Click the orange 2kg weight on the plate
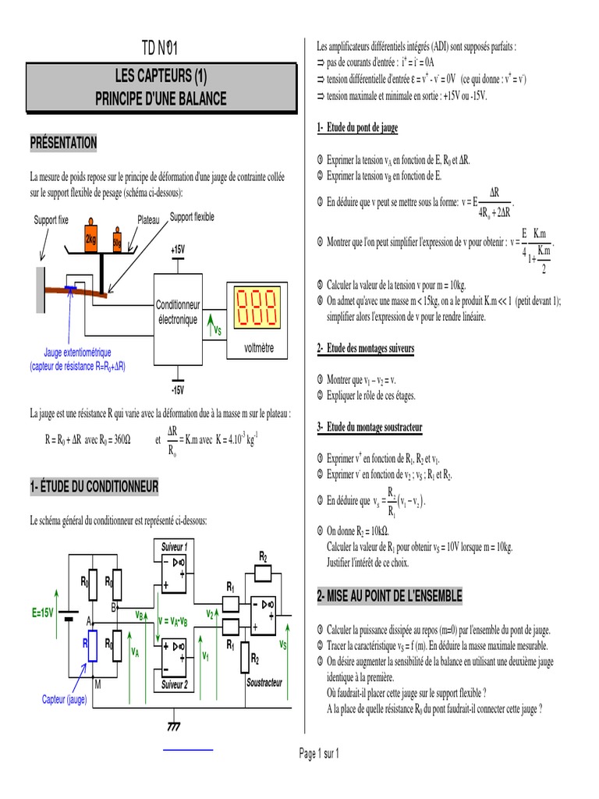point(90,238)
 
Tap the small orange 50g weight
point(117,241)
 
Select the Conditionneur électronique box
point(178,312)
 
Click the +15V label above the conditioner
point(178,249)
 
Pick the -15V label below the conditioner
point(178,389)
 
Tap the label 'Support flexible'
point(192,217)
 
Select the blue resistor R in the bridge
point(92,647)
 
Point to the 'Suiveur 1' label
point(175,546)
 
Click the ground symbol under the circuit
point(174,726)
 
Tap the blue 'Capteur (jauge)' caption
point(76,699)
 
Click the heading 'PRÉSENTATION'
point(63,143)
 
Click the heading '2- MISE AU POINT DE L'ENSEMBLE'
point(389,595)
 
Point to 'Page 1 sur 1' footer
point(319,754)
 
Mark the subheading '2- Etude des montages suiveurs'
point(366,348)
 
